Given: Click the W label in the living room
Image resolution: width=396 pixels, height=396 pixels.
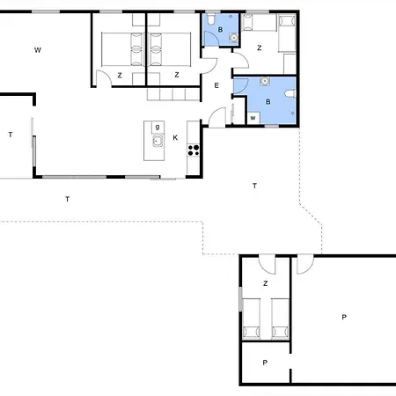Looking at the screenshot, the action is (x=38, y=50).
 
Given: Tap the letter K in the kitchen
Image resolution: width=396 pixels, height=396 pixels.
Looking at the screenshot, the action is (x=175, y=137).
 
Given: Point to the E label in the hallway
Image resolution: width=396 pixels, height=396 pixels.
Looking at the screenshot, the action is (x=216, y=85).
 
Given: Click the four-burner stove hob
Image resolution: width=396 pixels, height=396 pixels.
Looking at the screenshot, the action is (x=194, y=150).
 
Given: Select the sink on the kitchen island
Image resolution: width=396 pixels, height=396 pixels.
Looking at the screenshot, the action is (x=158, y=141).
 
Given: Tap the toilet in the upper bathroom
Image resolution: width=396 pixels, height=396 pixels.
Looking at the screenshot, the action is (x=211, y=18).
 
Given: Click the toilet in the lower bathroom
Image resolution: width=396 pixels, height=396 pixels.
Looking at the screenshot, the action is (x=290, y=93).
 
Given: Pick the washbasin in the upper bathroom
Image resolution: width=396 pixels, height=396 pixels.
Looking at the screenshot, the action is (x=233, y=38).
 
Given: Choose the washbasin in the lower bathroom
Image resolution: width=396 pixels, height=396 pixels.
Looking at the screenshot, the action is (x=265, y=81).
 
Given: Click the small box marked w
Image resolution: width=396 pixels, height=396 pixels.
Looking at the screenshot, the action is (x=253, y=118).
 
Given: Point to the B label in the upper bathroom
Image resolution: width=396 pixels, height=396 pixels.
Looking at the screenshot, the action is (x=220, y=30).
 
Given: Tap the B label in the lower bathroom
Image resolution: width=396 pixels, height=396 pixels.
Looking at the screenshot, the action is (x=268, y=102).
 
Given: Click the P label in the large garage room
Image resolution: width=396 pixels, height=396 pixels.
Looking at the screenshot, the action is (x=344, y=317).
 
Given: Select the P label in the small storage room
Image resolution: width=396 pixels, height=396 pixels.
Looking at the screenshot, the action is (x=265, y=363).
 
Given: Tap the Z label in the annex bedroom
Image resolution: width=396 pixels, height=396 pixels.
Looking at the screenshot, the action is (x=266, y=283).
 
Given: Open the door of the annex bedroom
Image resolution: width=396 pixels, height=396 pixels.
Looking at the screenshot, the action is (x=267, y=265).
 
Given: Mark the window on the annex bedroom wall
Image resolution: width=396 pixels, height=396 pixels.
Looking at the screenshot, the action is (x=241, y=299).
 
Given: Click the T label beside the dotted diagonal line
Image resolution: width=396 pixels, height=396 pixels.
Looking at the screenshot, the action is (x=254, y=186).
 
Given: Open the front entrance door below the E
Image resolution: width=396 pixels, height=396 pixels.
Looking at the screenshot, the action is (x=217, y=117).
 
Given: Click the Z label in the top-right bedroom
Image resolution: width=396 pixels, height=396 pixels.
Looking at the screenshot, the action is (x=259, y=48).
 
